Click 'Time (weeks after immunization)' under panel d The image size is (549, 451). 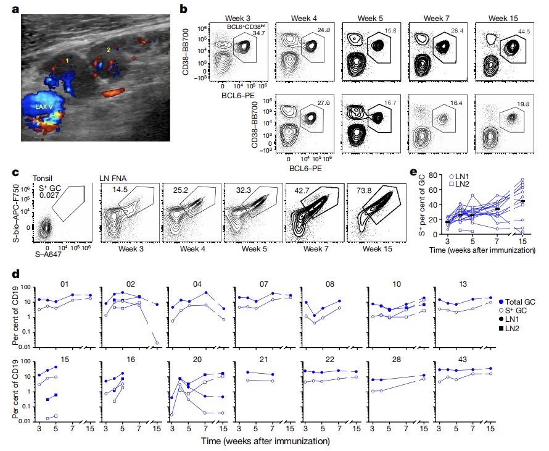pyautogui.click(x=265, y=441)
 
